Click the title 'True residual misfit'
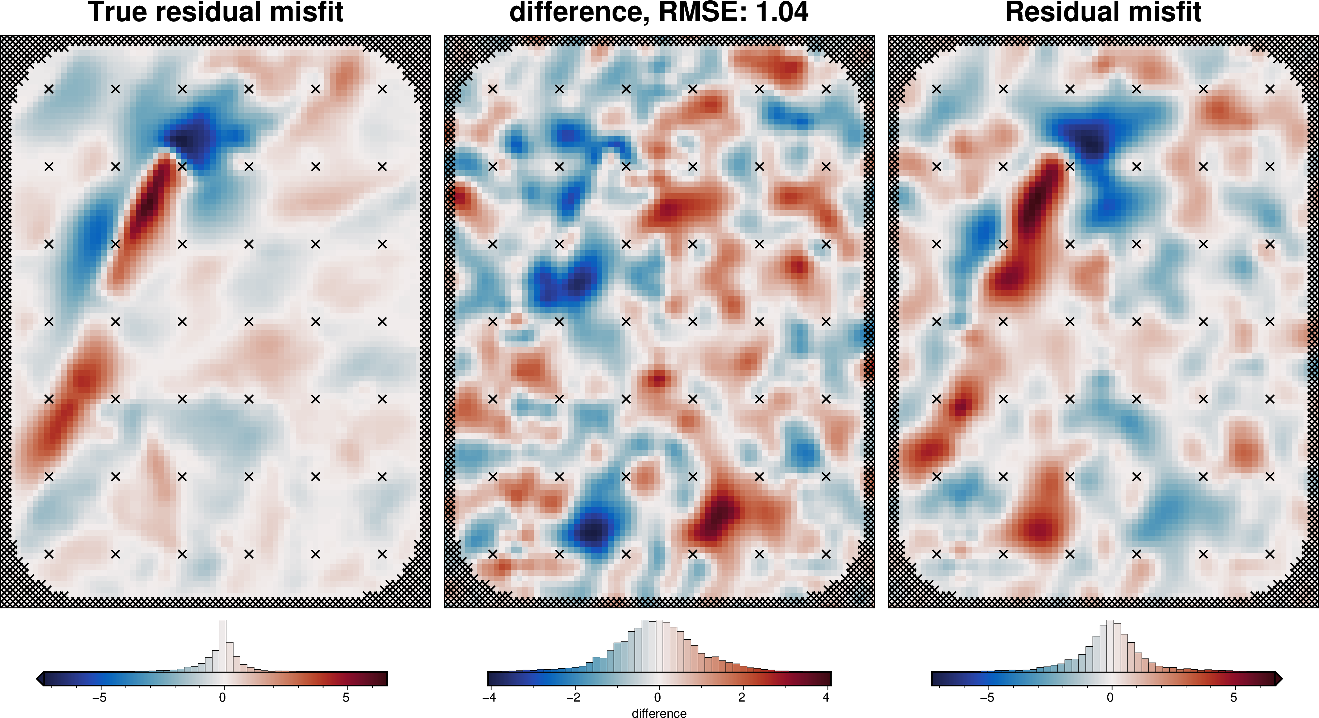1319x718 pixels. tap(215, 12)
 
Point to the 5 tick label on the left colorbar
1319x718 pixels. tap(346, 698)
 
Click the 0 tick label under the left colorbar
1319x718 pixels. tap(222, 698)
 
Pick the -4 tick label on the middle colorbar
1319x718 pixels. tap(489, 698)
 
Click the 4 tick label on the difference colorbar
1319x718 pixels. tap(826, 698)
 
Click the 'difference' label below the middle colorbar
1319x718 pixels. tap(659, 713)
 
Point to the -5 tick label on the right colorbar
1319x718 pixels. tap(987, 698)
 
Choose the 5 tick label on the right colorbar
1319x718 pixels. tap(1234, 698)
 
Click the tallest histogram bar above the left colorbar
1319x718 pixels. tap(222, 645)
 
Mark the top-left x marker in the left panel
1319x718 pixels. tap(49, 89)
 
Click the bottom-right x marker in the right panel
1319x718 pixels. tap(1270, 554)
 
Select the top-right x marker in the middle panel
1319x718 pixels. tap(826, 89)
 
